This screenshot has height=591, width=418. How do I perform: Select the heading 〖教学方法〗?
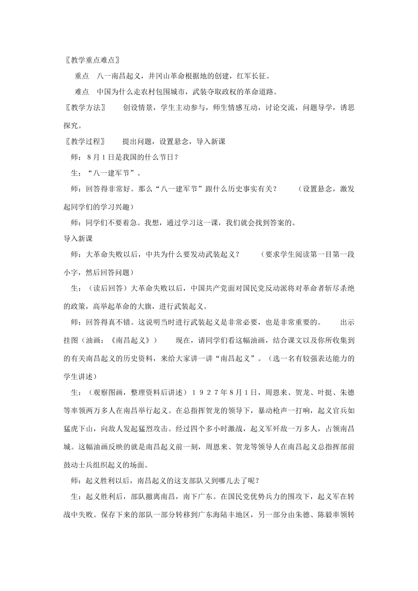[x=84, y=107]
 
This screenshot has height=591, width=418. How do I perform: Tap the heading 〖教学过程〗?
[x=84, y=141]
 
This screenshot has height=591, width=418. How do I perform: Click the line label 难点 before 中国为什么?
[x=82, y=92]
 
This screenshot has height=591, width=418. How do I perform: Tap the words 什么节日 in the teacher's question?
[x=159, y=157]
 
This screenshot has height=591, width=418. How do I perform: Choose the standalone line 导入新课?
[x=78, y=238]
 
